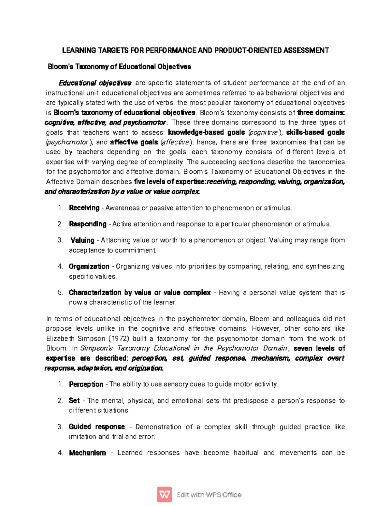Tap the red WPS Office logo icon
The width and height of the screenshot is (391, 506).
pos(165,495)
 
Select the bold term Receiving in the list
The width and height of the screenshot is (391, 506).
pos(84,208)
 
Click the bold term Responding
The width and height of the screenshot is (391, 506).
pos(88,224)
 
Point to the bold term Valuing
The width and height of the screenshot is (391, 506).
pos(82,240)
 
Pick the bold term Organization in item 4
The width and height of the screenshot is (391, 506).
pos(89,267)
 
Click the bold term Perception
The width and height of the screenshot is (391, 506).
pos(86,384)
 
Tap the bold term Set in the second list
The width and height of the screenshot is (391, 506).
pos(74,401)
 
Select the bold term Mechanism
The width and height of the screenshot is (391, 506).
pos(87,453)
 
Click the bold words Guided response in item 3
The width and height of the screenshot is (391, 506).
pos(97,427)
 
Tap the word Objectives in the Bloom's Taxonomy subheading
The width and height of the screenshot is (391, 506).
pos(174,67)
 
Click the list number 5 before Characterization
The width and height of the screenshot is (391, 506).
pos(60,293)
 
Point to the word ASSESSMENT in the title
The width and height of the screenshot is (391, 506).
pos(306,51)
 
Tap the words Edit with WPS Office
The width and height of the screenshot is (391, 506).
pos(209,495)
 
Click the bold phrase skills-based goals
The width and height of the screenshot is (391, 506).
pos(315,133)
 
